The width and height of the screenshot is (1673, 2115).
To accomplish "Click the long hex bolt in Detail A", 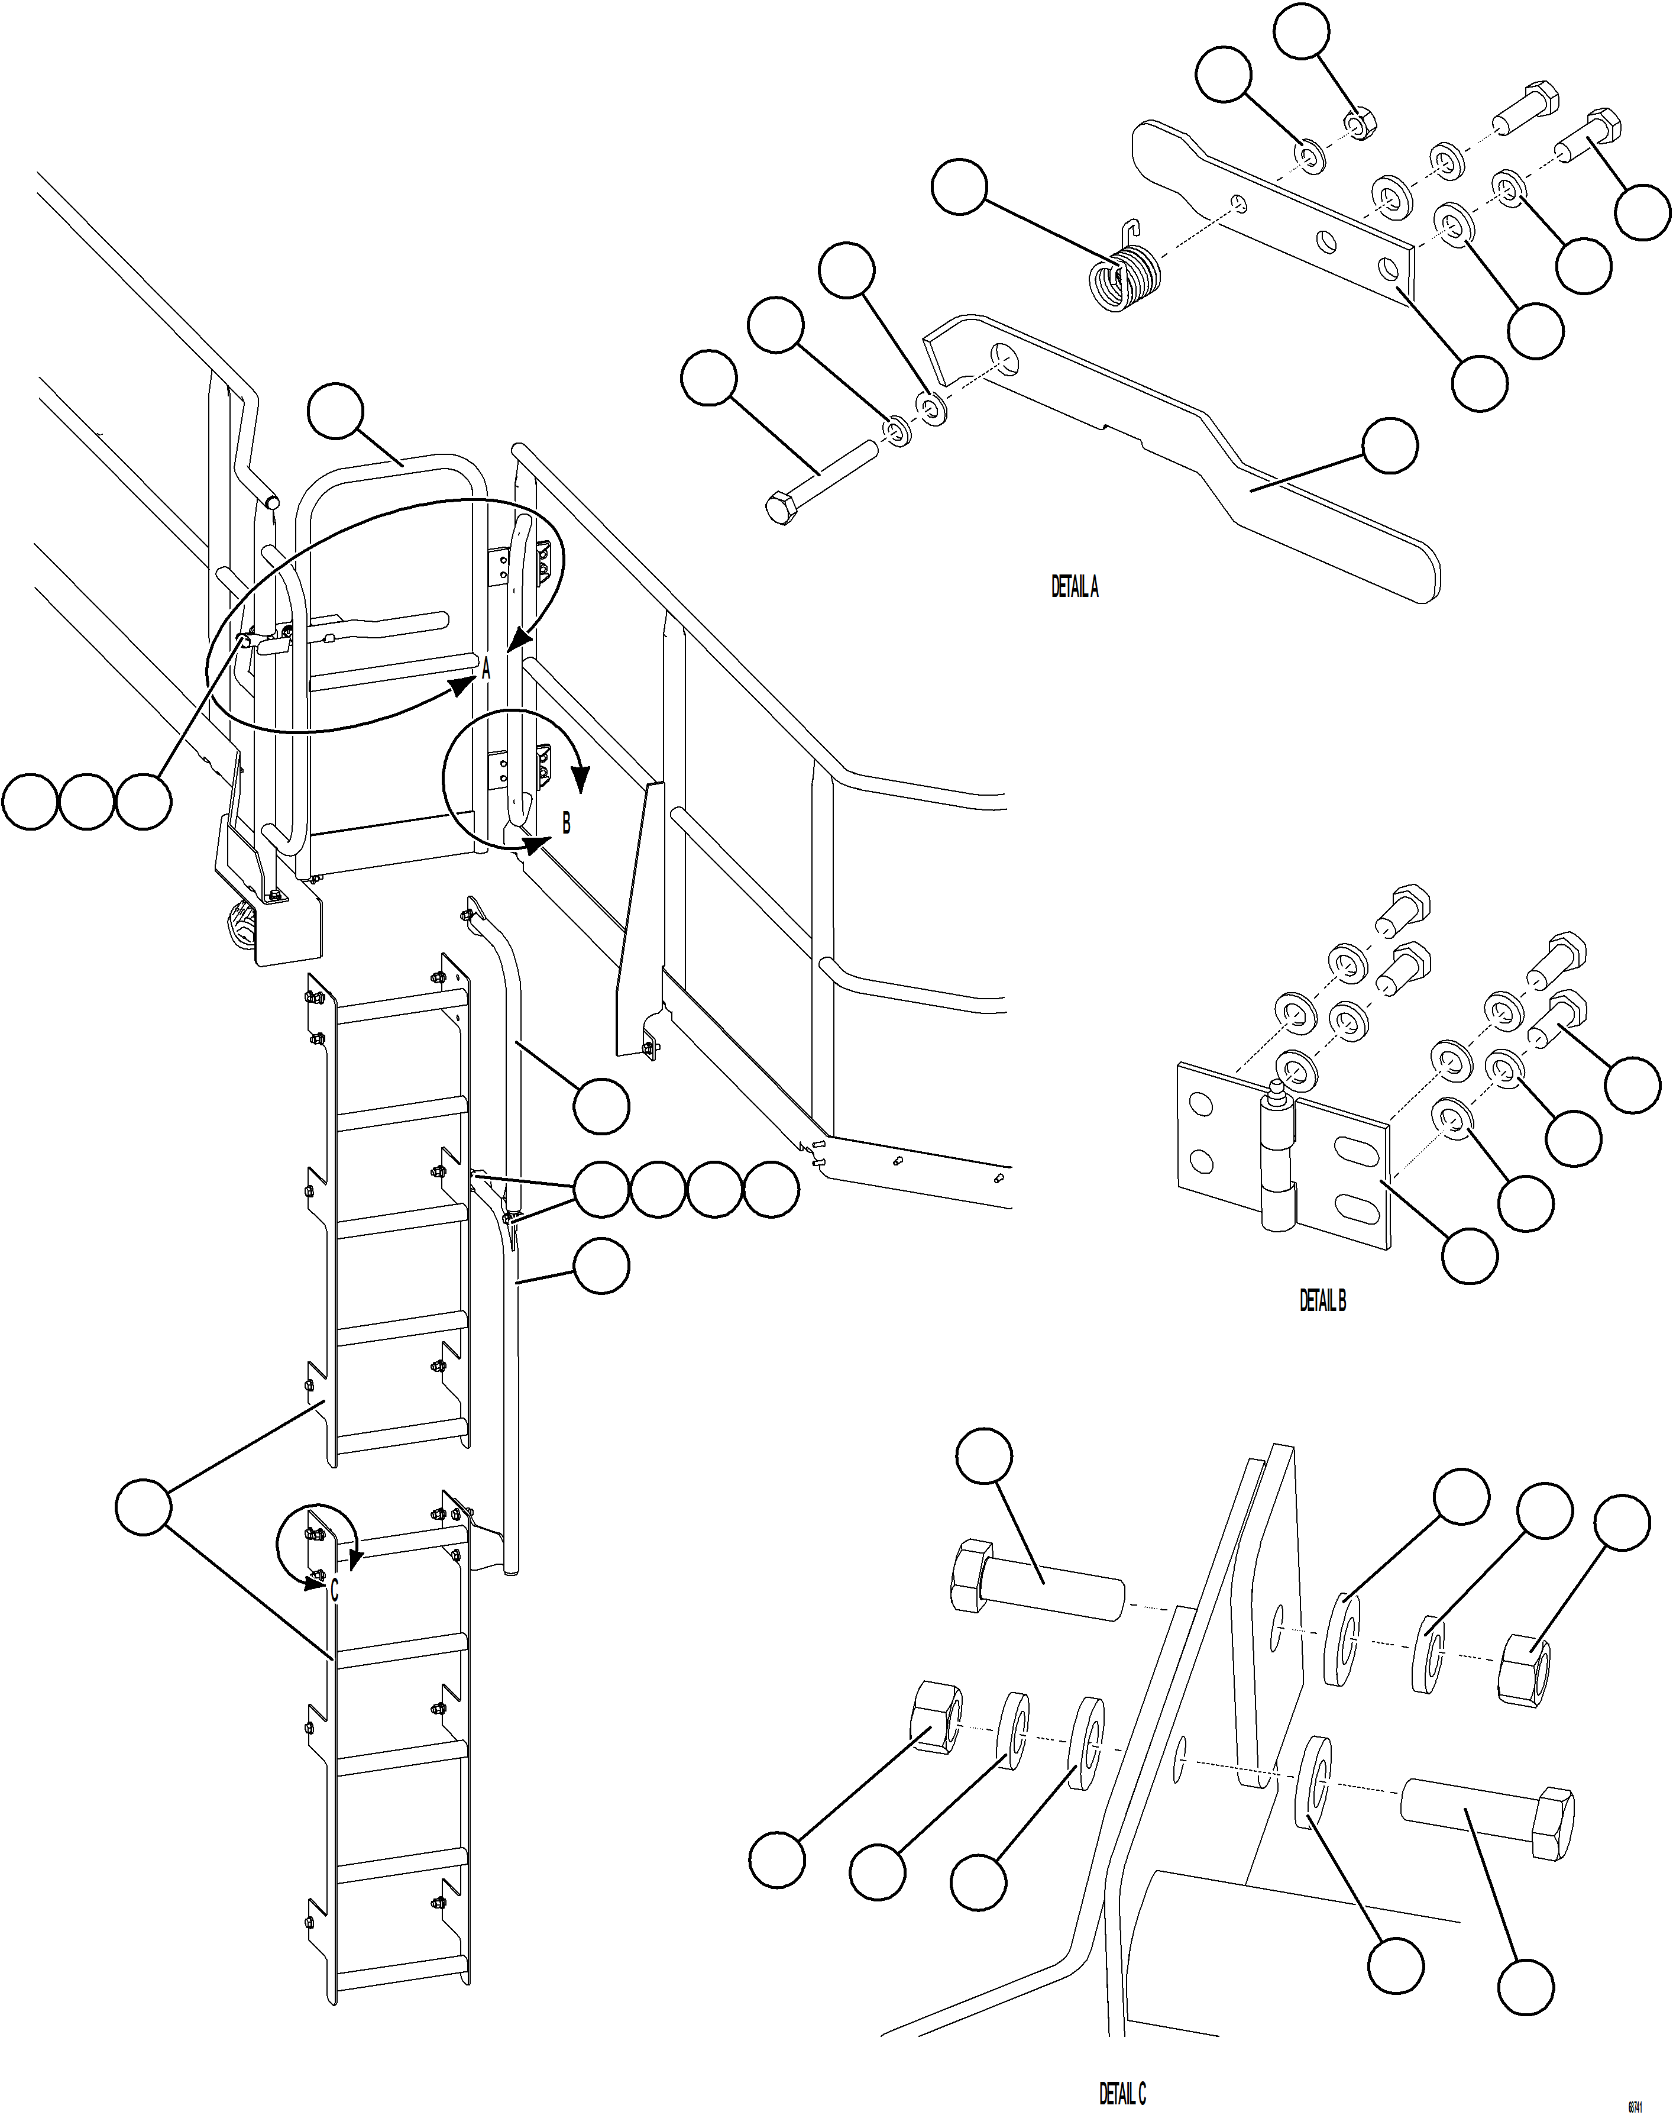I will [x=821, y=482].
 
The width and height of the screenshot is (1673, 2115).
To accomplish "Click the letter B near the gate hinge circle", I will [x=566, y=824].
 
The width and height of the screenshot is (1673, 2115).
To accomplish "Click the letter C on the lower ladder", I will [x=334, y=1590].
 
